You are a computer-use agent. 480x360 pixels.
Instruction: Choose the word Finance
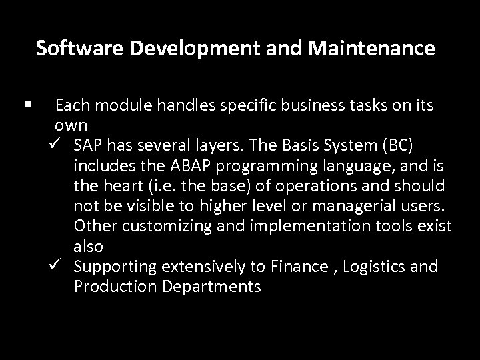(300, 267)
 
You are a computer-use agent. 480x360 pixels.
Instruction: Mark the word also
(89, 247)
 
